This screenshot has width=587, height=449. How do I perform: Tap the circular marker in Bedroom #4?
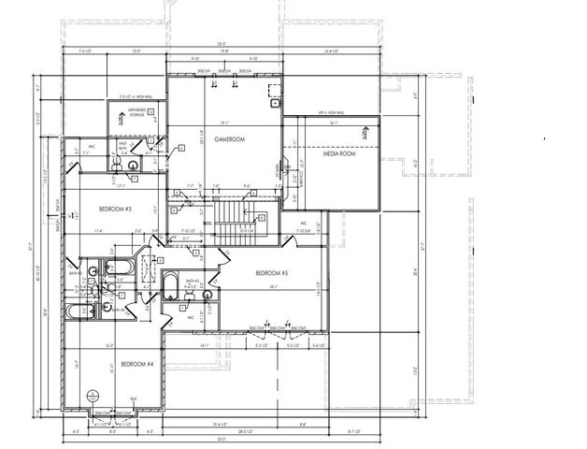click(92, 394)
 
